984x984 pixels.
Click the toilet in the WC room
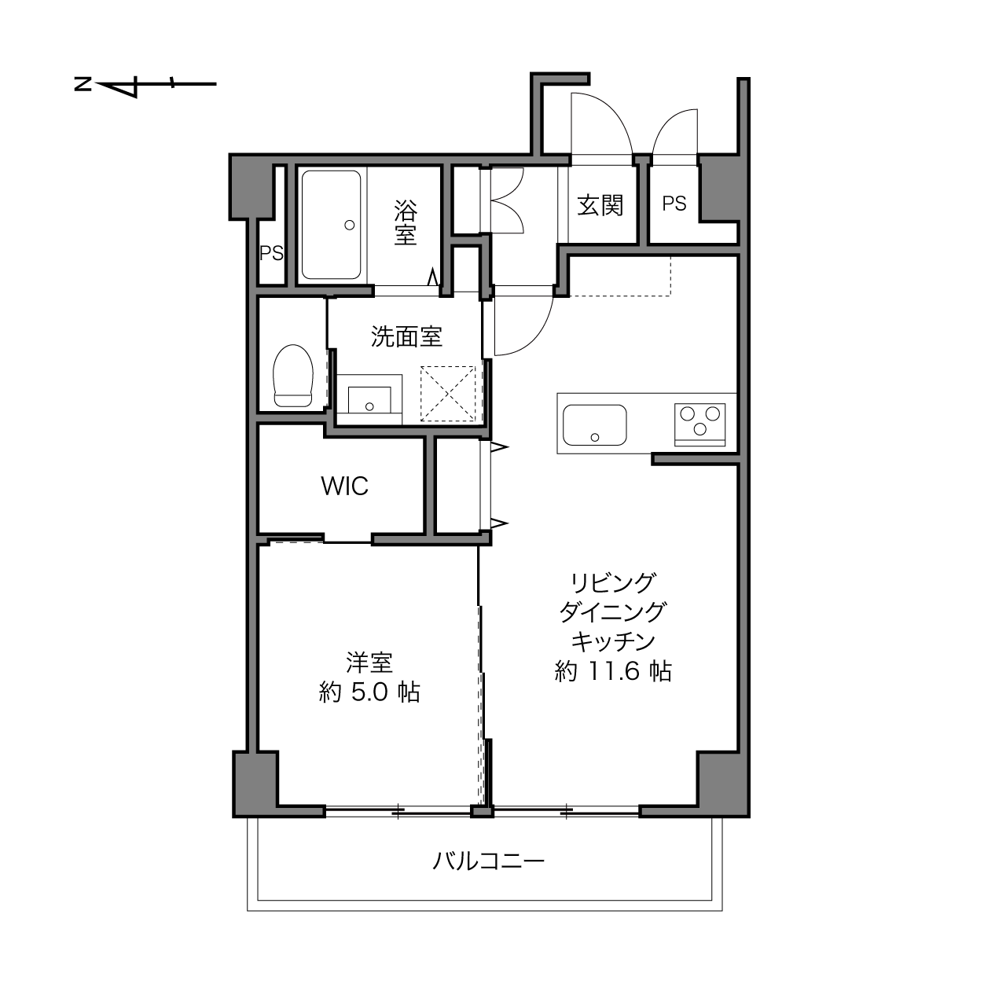292,376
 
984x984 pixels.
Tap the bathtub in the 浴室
331,225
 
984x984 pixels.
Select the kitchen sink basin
594,425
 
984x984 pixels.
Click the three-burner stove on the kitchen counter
699,424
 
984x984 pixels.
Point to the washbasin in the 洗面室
369,400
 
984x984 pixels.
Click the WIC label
345,486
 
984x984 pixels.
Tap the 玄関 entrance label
600,205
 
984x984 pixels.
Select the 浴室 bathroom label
406,222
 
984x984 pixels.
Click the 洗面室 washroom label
406,337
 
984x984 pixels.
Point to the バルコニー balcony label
489,861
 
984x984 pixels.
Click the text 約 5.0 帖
369,693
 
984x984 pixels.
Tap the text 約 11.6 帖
613,671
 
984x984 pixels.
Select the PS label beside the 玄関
674,204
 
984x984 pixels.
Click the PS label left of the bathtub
271,253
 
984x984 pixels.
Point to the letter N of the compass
83,84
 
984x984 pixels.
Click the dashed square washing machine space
448,394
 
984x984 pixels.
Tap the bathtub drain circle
349,225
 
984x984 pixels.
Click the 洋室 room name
369,663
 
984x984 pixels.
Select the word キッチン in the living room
613,641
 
